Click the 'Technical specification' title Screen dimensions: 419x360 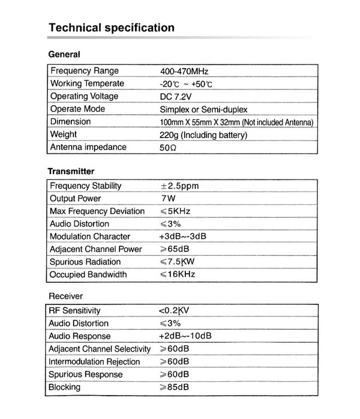point(111,28)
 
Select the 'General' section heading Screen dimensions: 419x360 point(64,55)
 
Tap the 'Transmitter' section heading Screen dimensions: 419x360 point(71,171)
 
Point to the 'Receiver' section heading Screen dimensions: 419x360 point(65,296)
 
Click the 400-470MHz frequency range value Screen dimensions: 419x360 point(184,71)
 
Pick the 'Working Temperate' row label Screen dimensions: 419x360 point(87,83)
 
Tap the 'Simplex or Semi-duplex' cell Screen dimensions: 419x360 point(203,109)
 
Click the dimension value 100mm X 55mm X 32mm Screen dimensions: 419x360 point(236,122)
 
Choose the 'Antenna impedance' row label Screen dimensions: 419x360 point(88,148)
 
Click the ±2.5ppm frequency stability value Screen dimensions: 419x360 point(179,186)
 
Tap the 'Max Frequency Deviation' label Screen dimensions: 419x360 point(97,211)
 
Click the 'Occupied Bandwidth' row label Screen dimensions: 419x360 point(89,274)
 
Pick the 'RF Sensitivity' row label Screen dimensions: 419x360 point(75,311)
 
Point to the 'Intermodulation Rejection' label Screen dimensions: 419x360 point(95,362)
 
